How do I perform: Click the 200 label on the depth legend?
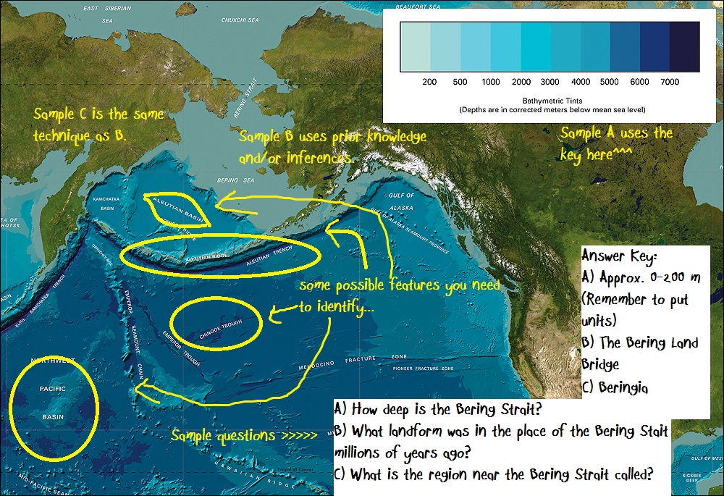429,83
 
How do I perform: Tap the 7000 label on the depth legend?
670,83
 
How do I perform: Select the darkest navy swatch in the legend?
684,47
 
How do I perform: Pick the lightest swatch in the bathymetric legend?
415,47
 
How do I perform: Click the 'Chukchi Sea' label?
240,20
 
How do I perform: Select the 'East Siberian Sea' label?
101,12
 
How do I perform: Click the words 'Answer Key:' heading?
619,256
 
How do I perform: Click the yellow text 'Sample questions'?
223,436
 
